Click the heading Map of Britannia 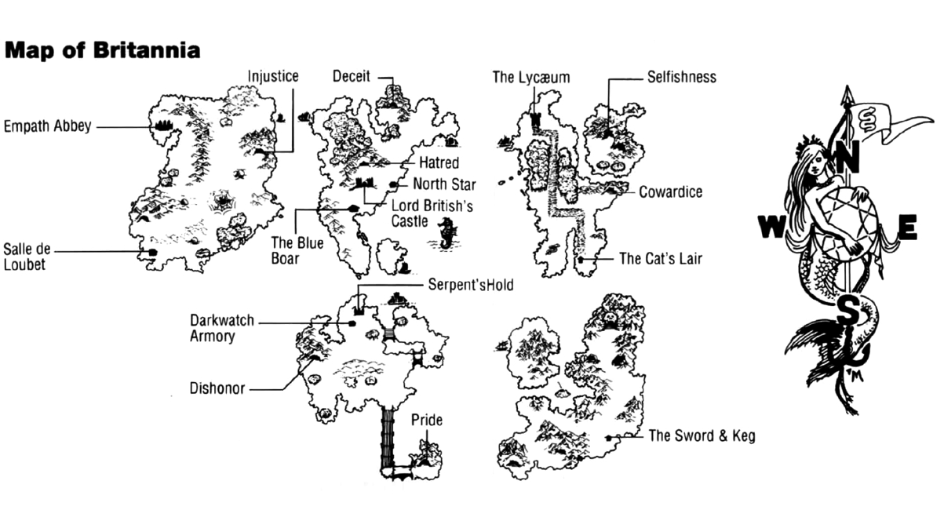(102, 51)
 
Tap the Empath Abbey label (48, 126)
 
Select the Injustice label (273, 76)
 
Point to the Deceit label (352, 76)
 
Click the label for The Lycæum (531, 77)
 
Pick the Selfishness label (682, 77)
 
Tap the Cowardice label (670, 192)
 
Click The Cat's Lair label (660, 258)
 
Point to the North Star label (444, 184)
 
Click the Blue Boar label (297, 250)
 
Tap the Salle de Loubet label (27, 257)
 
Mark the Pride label (427, 421)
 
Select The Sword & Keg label (702, 436)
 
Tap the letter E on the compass (906, 228)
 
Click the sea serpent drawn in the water (447, 233)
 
